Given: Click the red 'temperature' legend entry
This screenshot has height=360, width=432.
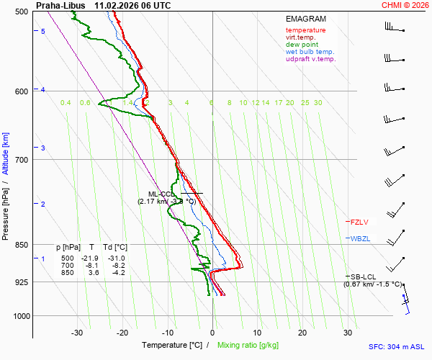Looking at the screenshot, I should pyautogui.click(x=305, y=30).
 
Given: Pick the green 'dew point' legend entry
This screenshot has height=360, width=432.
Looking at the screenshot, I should pyautogui.click(x=301, y=45).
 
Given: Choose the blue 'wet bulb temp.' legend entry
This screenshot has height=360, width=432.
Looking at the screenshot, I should pyautogui.click(x=310, y=52).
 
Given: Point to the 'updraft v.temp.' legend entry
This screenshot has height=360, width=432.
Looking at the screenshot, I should pyautogui.click(x=311, y=59).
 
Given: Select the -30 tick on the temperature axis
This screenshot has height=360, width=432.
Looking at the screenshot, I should pyautogui.click(x=77, y=333).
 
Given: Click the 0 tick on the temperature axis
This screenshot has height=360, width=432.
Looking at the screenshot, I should pyautogui.click(x=212, y=333).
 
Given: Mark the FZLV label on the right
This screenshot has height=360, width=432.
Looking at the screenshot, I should pyautogui.click(x=359, y=222).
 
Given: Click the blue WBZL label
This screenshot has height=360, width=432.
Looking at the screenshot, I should pyautogui.click(x=360, y=238).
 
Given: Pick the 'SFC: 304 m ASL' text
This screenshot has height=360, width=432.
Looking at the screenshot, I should pyautogui.click(x=395, y=346).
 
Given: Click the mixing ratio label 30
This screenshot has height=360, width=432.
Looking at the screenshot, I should pyautogui.click(x=318, y=103).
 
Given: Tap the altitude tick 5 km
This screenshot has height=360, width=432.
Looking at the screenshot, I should pyautogui.click(x=43, y=32).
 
